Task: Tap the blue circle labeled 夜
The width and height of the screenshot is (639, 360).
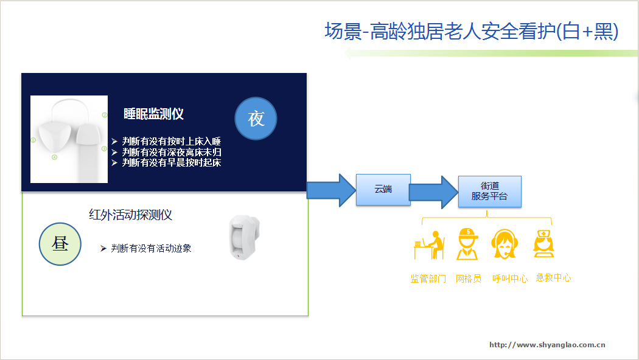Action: [256, 119]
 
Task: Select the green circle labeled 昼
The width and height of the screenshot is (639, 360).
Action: [60, 244]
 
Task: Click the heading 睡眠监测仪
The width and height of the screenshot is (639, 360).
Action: [153, 114]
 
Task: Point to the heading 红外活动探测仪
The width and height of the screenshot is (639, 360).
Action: [131, 215]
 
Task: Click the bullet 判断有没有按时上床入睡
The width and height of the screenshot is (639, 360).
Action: [170, 142]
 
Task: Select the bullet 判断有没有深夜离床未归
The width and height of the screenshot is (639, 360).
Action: [170, 152]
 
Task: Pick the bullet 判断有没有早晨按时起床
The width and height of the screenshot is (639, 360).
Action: [170, 162]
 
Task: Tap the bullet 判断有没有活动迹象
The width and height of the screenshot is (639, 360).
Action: [151, 248]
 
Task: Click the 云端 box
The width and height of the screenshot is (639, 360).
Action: [383, 189]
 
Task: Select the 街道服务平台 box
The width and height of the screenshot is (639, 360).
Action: [489, 192]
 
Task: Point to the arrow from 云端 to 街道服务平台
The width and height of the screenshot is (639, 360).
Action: [433, 192]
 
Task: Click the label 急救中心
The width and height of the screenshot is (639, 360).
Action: [553, 278]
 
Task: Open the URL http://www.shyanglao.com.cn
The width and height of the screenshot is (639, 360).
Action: [547, 345]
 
